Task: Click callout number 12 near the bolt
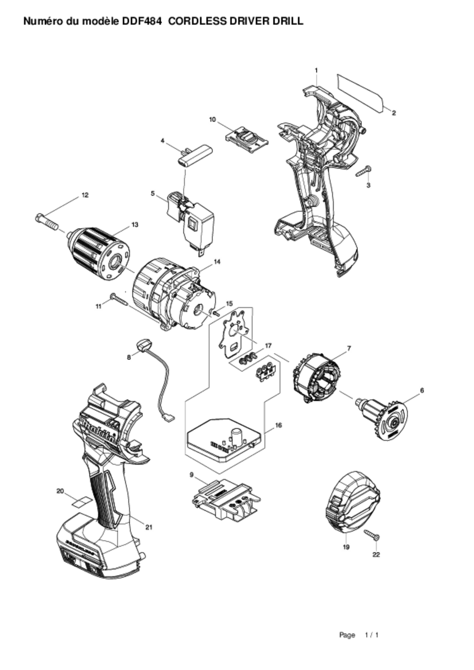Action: coord(85,195)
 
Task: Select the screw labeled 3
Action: coord(364,171)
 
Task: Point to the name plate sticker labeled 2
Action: coord(360,93)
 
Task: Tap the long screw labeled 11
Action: coord(119,299)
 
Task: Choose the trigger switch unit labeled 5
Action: coord(190,223)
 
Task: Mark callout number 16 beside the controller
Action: coord(278,425)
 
